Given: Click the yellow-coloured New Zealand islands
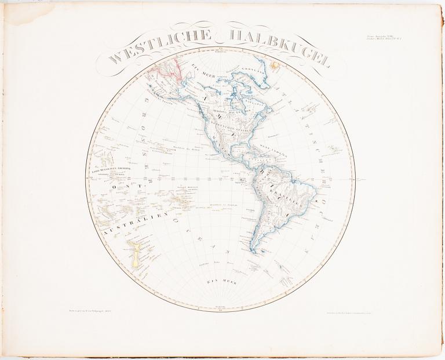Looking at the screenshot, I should [135, 256].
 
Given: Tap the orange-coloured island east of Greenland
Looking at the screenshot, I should [275, 67].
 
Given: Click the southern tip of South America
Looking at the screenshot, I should [254, 250].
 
